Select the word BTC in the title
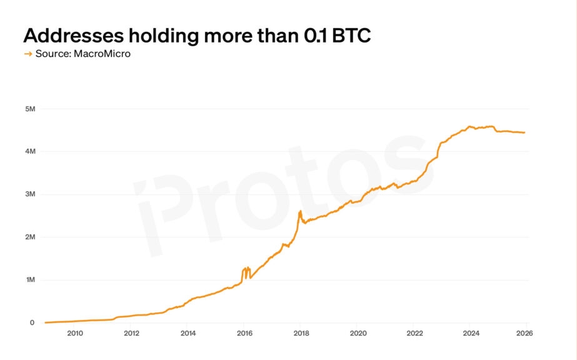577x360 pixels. tap(351, 36)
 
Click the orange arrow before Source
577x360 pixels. tap(28, 54)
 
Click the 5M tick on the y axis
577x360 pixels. tap(30, 109)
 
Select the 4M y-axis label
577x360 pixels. tap(30, 151)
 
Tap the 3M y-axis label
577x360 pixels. tap(30, 194)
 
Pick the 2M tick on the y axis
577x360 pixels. tap(30, 237)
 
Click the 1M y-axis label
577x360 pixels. tap(30, 280)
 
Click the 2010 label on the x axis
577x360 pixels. tap(74, 333)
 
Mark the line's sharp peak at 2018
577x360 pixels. tap(300, 211)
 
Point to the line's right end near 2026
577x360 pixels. tap(524, 132)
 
